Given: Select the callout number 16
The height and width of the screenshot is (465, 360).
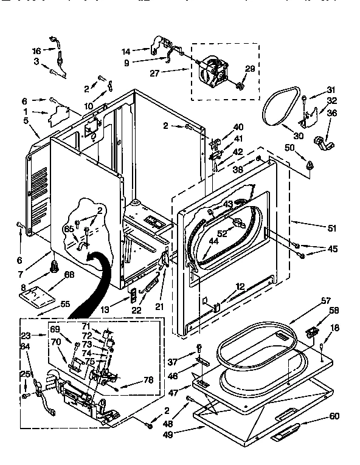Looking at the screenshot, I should [36, 51].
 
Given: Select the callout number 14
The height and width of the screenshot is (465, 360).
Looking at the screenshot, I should [126, 51].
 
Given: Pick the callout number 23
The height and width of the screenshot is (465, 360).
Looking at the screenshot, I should [25, 335].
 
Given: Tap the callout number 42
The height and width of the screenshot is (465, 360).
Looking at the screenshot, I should [238, 151].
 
